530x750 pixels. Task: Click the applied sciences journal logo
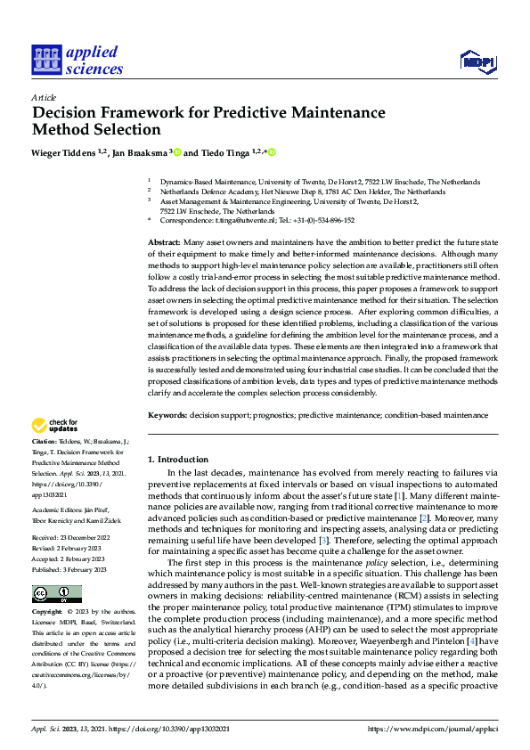[77, 60]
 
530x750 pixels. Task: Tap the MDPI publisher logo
[476, 61]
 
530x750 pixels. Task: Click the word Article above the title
[44, 96]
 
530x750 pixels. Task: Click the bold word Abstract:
[165, 243]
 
